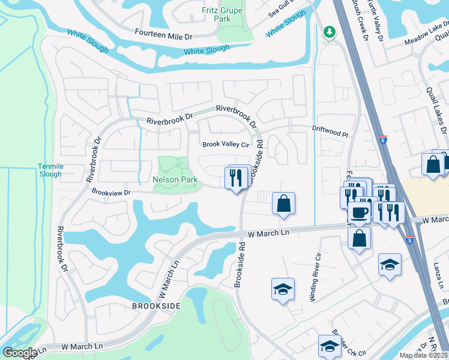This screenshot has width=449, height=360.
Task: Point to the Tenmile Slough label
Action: pyautogui.click(x=50, y=170)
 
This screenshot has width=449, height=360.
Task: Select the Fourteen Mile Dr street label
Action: pyautogui.click(x=163, y=36)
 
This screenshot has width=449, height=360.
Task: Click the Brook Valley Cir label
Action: pyautogui.click(x=225, y=144)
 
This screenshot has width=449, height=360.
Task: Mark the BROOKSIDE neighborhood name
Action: pyautogui.click(x=156, y=306)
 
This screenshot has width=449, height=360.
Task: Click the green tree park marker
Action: pyautogui.click(x=329, y=32)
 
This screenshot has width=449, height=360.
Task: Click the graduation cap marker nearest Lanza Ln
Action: pyautogui.click(x=390, y=264)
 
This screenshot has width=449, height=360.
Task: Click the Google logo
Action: pyautogui.click(x=19, y=352)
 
